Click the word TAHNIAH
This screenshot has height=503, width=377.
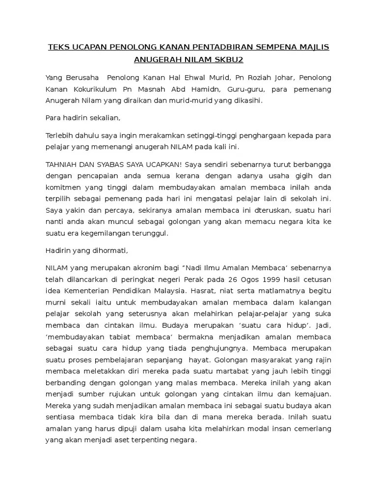pos(63,165)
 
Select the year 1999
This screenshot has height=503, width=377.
pos(250,279)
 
